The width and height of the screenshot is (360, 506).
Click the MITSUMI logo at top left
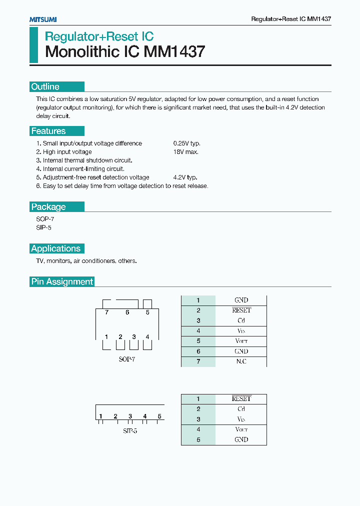pyautogui.click(x=43, y=19)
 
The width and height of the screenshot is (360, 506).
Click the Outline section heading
pyautogui.click(x=45, y=87)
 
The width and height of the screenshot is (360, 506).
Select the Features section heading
pyautogui.click(x=48, y=131)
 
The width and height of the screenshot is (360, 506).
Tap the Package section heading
pyautogui.click(x=48, y=207)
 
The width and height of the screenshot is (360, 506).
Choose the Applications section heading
pyautogui.click(x=55, y=248)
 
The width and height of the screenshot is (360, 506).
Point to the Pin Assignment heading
pyautogui.click(x=62, y=282)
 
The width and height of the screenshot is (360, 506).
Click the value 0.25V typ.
pyautogui.click(x=186, y=143)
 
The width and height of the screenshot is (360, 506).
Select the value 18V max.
pyautogui.click(x=185, y=152)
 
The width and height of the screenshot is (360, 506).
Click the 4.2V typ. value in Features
pyautogui.click(x=185, y=177)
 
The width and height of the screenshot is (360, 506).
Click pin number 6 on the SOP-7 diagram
pyautogui.click(x=127, y=312)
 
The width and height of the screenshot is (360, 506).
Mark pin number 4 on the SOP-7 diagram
pyautogui.click(x=147, y=337)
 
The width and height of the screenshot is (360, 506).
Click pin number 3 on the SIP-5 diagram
pyautogui.click(x=130, y=416)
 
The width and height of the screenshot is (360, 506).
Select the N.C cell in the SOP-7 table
pyautogui.click(x=241, y=361)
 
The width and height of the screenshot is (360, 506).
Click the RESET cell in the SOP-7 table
pyautogui.click(x=241, y=310)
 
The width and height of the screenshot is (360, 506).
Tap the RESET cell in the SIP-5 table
pyautogui.click(x=241, y=399)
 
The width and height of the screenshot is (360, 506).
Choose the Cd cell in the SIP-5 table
pyautogui.click(x=241, y=409)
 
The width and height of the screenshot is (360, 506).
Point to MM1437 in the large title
pyautogui.click(x=174, y=51)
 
